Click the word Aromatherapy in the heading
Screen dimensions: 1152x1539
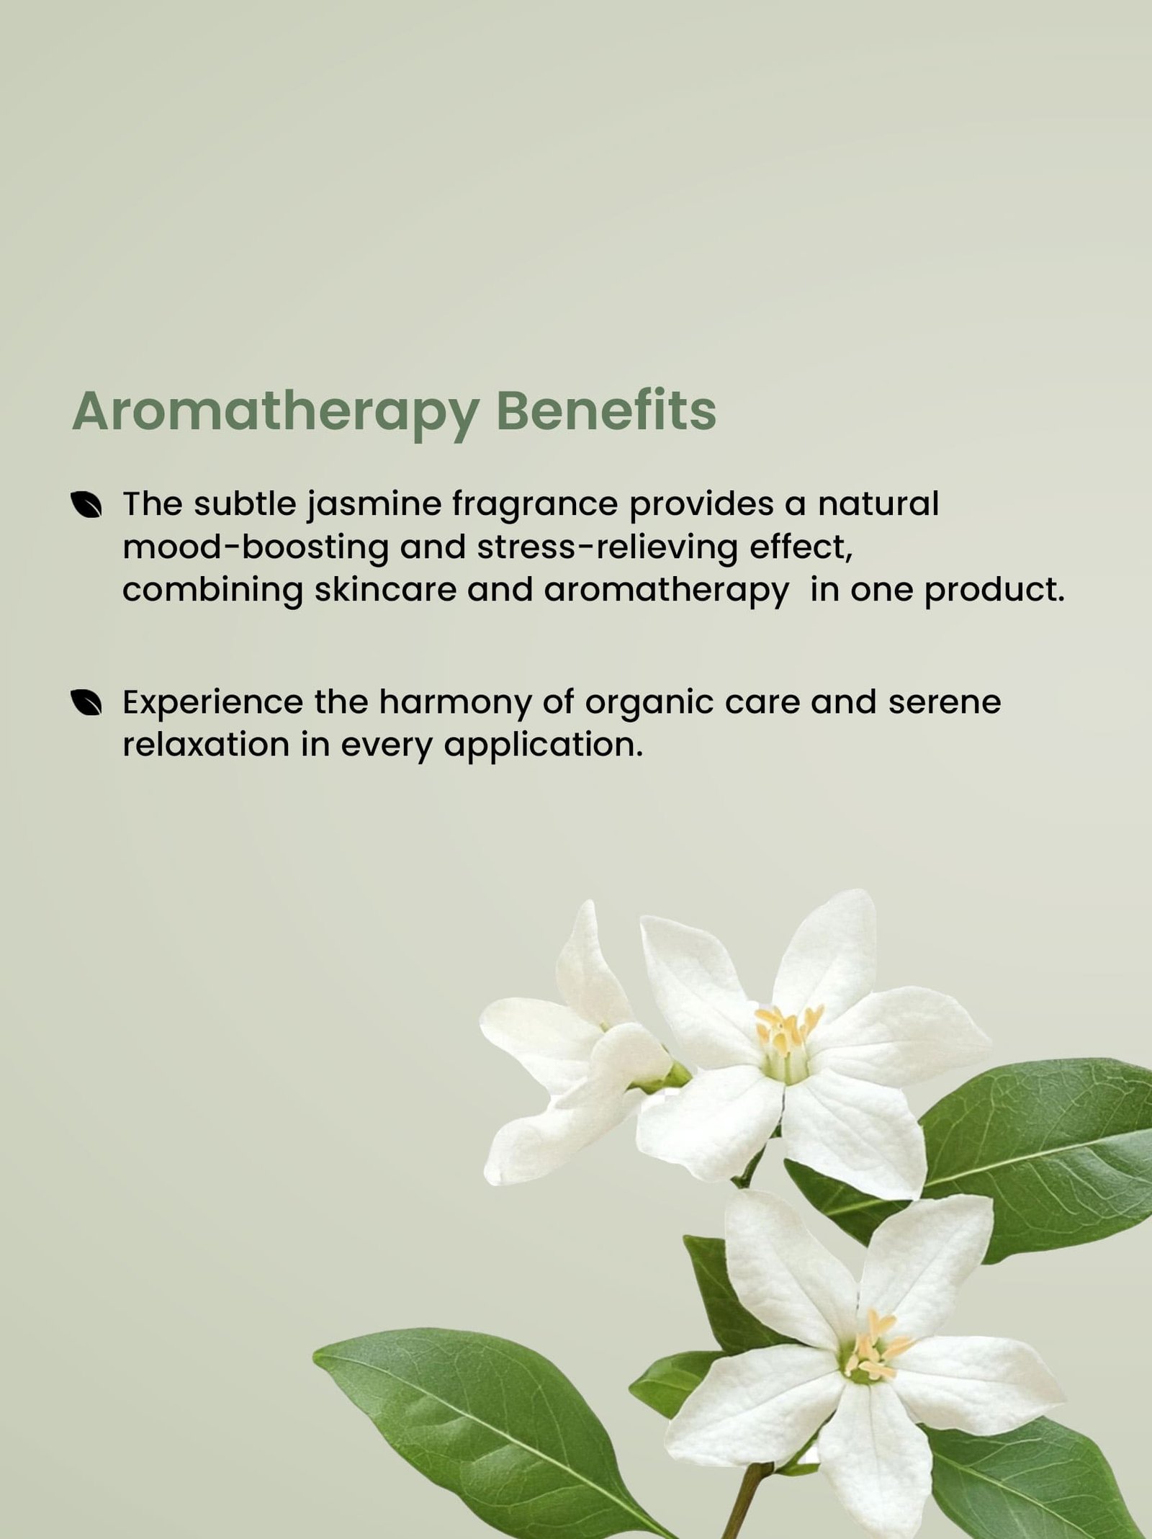(275, 414)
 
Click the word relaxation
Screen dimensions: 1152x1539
(206, 745)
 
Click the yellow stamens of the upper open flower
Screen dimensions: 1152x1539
(786, 1033)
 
